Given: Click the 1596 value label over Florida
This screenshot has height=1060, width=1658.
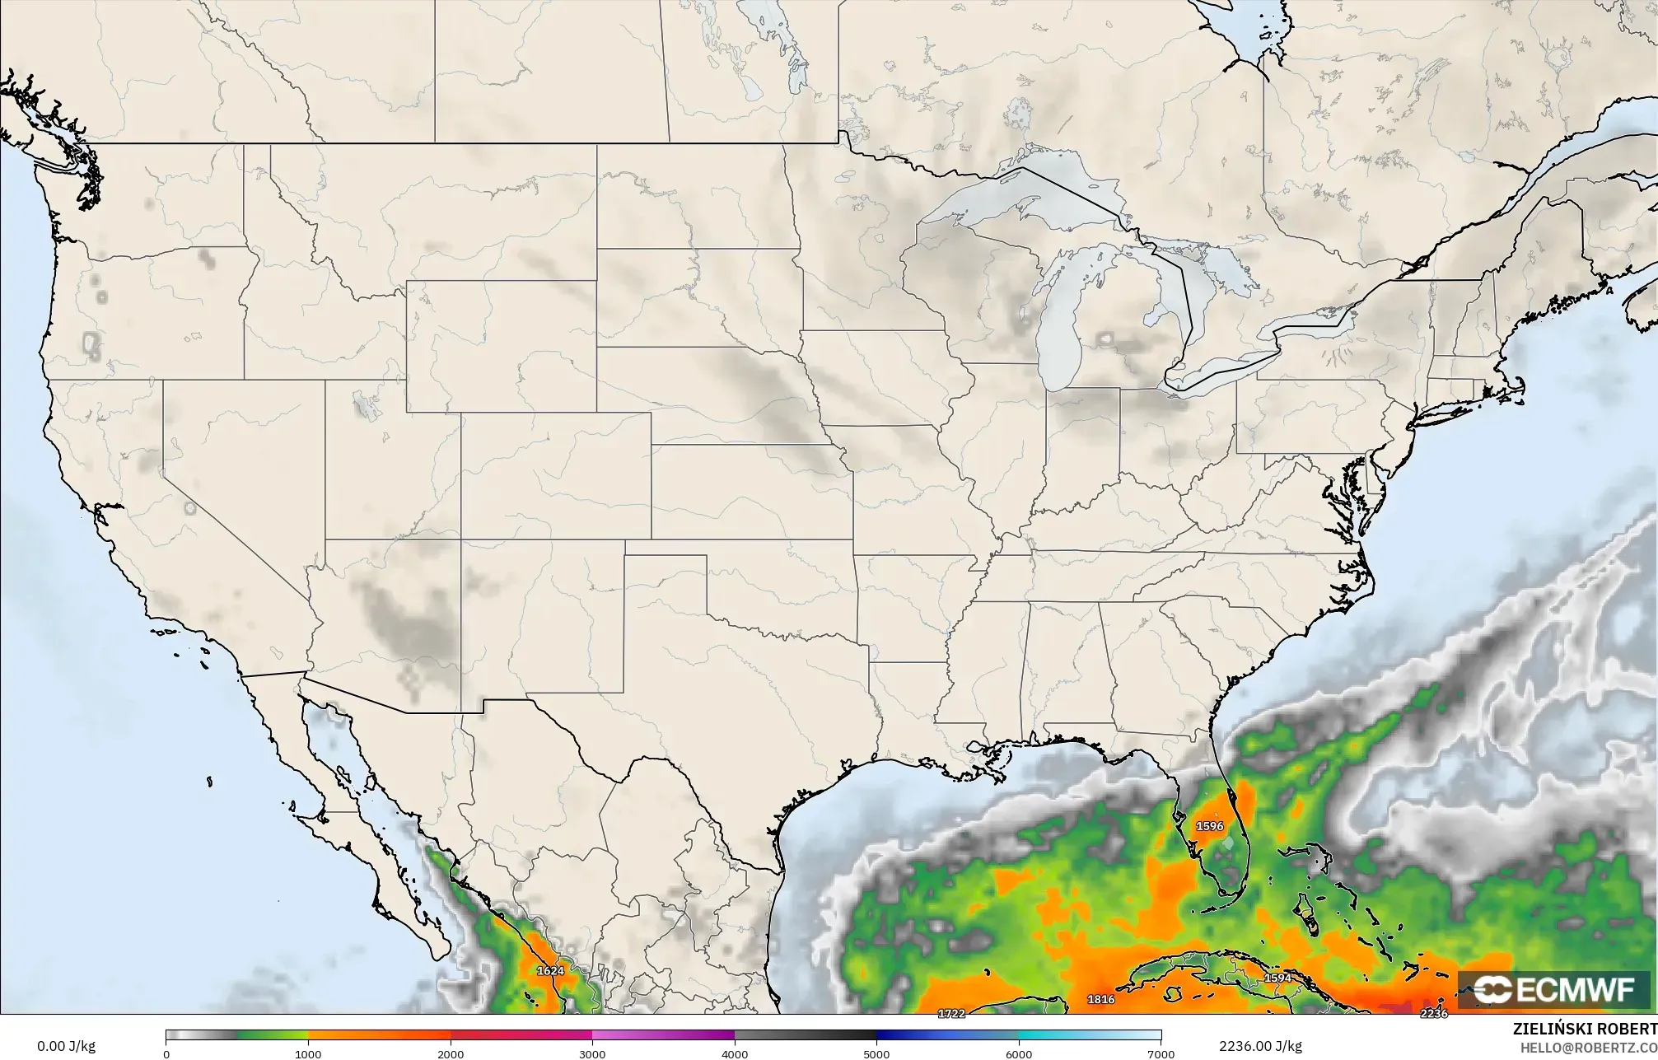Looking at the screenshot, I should coord(1209,826).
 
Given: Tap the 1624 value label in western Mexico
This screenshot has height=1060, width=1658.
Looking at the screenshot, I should coord(550,971).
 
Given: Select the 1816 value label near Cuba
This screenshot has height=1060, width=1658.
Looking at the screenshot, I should coord(1101,1000).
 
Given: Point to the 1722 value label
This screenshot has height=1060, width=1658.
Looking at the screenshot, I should coord(951,1013).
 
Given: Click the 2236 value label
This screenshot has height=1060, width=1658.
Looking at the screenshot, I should coord(1434,1013).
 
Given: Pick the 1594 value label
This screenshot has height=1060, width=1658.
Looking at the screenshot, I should coord(1277,978).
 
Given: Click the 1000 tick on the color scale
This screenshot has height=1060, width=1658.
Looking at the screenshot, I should coord(308,1053).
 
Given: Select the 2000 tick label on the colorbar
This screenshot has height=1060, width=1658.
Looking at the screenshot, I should coord(450,1053).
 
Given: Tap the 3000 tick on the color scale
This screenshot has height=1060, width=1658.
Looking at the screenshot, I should coord(592,1053).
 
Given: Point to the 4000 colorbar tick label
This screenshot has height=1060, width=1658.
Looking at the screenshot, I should coord(735,1053).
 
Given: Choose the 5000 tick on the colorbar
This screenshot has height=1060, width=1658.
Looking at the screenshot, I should coord(876,1053).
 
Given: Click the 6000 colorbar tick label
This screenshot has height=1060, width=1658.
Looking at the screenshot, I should coord(1019,1053).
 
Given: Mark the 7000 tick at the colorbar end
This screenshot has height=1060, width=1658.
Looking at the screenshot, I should coord(1161,1053).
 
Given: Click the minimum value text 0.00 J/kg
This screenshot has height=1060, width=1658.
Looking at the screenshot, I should coord(66,1046).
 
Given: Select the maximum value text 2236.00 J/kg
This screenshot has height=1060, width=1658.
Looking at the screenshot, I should coord(1260,1046).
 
